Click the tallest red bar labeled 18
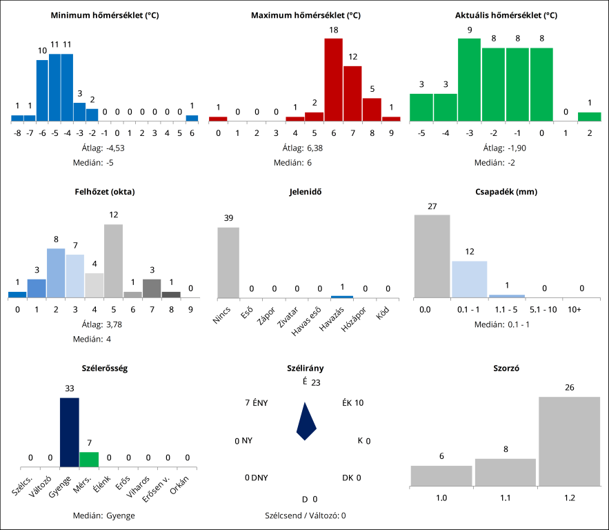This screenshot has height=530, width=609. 333,79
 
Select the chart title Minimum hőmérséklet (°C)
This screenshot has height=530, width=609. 105,15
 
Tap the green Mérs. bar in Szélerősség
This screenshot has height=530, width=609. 89,460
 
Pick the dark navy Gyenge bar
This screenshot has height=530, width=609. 70,433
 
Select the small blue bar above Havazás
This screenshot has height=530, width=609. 342,297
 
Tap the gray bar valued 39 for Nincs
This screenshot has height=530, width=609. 228,262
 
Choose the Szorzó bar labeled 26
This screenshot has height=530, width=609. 569,441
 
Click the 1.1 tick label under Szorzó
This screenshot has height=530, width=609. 505,497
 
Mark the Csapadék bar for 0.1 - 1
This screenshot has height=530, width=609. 469,279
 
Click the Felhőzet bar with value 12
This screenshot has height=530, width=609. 114,261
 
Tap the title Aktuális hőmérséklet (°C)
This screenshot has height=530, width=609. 506,15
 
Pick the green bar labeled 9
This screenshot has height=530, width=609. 469,79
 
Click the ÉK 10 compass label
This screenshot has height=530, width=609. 352,403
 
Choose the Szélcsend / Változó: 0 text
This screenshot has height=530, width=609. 305,515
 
